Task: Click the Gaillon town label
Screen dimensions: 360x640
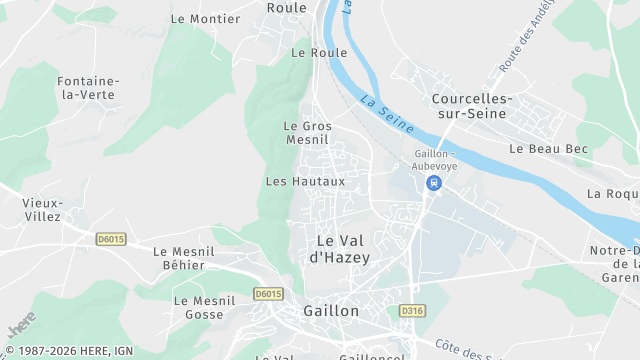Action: (331, 311)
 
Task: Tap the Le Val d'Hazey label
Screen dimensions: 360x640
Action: (340, 249)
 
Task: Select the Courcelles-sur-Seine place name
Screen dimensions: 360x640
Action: (471, 106)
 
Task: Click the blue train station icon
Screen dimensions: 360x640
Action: (434, 183)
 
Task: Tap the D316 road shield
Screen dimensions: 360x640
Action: (412, 311)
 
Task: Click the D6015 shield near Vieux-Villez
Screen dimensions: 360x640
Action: (111, 239)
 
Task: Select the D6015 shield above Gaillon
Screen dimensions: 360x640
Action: (268, 293)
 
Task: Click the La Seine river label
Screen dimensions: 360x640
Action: (383, 108)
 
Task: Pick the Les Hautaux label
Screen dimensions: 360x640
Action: (305, 181)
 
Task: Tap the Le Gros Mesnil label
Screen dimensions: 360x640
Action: (307, 133)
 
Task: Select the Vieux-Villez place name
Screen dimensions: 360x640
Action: (42, 209)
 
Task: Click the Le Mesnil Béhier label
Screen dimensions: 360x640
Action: (179, 258)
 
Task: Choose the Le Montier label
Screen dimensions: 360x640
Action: (206, 18)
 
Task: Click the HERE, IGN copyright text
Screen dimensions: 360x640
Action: (68, 351)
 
